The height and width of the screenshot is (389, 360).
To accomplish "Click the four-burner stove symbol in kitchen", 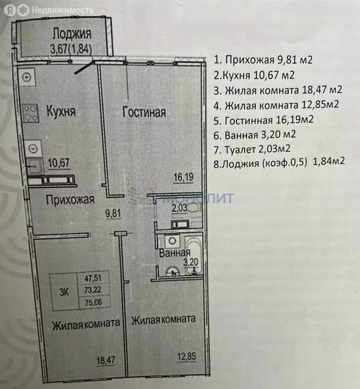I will coord(31,112).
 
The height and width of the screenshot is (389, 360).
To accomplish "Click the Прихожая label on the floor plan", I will coord(70,200).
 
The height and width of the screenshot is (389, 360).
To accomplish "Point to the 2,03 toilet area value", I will coord(180,207).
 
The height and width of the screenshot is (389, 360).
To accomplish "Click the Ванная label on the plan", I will coord(175,253).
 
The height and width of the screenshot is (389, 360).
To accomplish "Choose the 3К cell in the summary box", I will coord(63,291).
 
